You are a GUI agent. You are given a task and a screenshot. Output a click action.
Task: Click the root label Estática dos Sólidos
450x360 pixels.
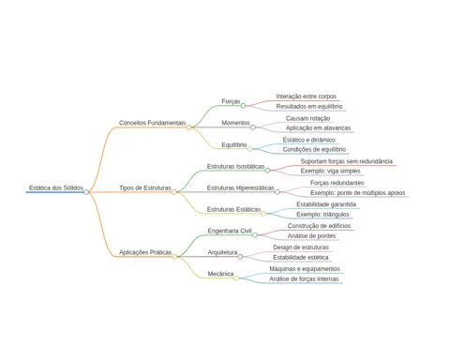click(56, 187)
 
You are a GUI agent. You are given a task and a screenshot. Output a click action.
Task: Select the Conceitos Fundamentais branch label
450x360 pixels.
click(152, 123)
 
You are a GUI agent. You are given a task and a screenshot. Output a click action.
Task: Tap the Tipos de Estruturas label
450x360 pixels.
click(145, 187)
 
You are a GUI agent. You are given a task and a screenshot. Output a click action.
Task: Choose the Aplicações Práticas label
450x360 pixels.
click(145, 252)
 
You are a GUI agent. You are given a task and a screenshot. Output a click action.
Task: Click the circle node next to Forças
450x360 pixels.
click(243, 106)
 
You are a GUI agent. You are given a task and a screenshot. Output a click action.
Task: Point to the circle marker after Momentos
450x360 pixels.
click(253, 127)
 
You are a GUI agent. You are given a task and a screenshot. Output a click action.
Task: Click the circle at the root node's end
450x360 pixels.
click(86, 192)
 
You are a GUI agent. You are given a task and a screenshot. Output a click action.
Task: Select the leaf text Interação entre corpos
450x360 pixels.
click(307, 97)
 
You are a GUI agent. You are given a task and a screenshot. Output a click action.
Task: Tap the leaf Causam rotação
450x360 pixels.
click(307, 118)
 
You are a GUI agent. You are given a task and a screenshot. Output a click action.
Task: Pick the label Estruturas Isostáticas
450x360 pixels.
click(235, 166)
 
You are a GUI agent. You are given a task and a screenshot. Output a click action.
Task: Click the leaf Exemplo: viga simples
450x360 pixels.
click(330, 171)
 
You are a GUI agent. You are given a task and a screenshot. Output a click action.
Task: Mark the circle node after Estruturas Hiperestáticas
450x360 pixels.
click(277, 192)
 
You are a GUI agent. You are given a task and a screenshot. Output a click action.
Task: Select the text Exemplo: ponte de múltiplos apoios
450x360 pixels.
click(358, 193)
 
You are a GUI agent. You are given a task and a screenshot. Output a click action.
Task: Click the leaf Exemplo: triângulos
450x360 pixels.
click(322, 215)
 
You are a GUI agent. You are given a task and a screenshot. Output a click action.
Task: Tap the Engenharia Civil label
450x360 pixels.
click(230, 231)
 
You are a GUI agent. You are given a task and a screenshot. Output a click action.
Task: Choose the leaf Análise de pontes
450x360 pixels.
click(311, 236)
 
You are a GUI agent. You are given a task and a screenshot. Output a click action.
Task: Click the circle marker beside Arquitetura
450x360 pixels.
click(240, 257)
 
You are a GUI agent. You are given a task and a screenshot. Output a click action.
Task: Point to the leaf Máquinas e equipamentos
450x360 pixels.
click(305, 269)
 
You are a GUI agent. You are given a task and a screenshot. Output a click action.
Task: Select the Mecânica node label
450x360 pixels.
click(220, 274)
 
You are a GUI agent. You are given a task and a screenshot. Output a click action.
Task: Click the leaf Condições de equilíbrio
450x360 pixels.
click(314, 149)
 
